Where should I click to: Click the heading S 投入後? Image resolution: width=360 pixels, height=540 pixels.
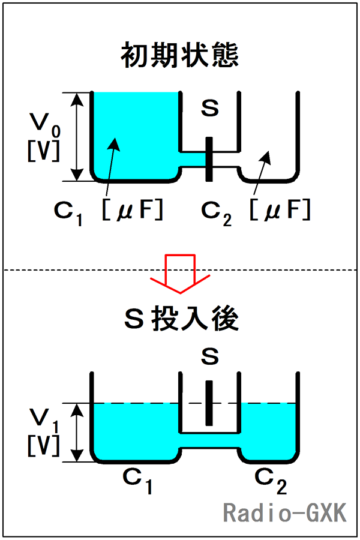pyautogui.click(x=179, y=320)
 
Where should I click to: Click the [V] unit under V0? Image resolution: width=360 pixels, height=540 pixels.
pyautogui.click(x=43, y=149)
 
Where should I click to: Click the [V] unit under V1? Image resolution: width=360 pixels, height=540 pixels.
pyautogui.click(x=43, y=445)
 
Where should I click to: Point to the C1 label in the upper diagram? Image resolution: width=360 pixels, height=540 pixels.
pyautogui.click(x=67, y=212)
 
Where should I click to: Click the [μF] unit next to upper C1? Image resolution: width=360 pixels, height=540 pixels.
pyautogui.click(x=133, y=210)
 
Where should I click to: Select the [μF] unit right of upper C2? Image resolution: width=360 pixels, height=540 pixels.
pyautogui.click(x=280, y=210)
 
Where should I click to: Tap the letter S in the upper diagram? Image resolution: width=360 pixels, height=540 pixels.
pyautogui.click(x=209, y=109)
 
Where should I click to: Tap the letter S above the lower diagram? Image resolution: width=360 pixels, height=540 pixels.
pyautogui.click(x=209, y=358)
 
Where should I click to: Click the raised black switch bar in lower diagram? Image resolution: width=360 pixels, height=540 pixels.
pyautogui.click(x=209, y=403)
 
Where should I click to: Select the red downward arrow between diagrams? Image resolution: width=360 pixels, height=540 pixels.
pyautogui.click(x=180, y=270)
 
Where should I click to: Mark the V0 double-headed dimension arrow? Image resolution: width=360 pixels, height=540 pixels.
pyautogui.click(x=76, y=136)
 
